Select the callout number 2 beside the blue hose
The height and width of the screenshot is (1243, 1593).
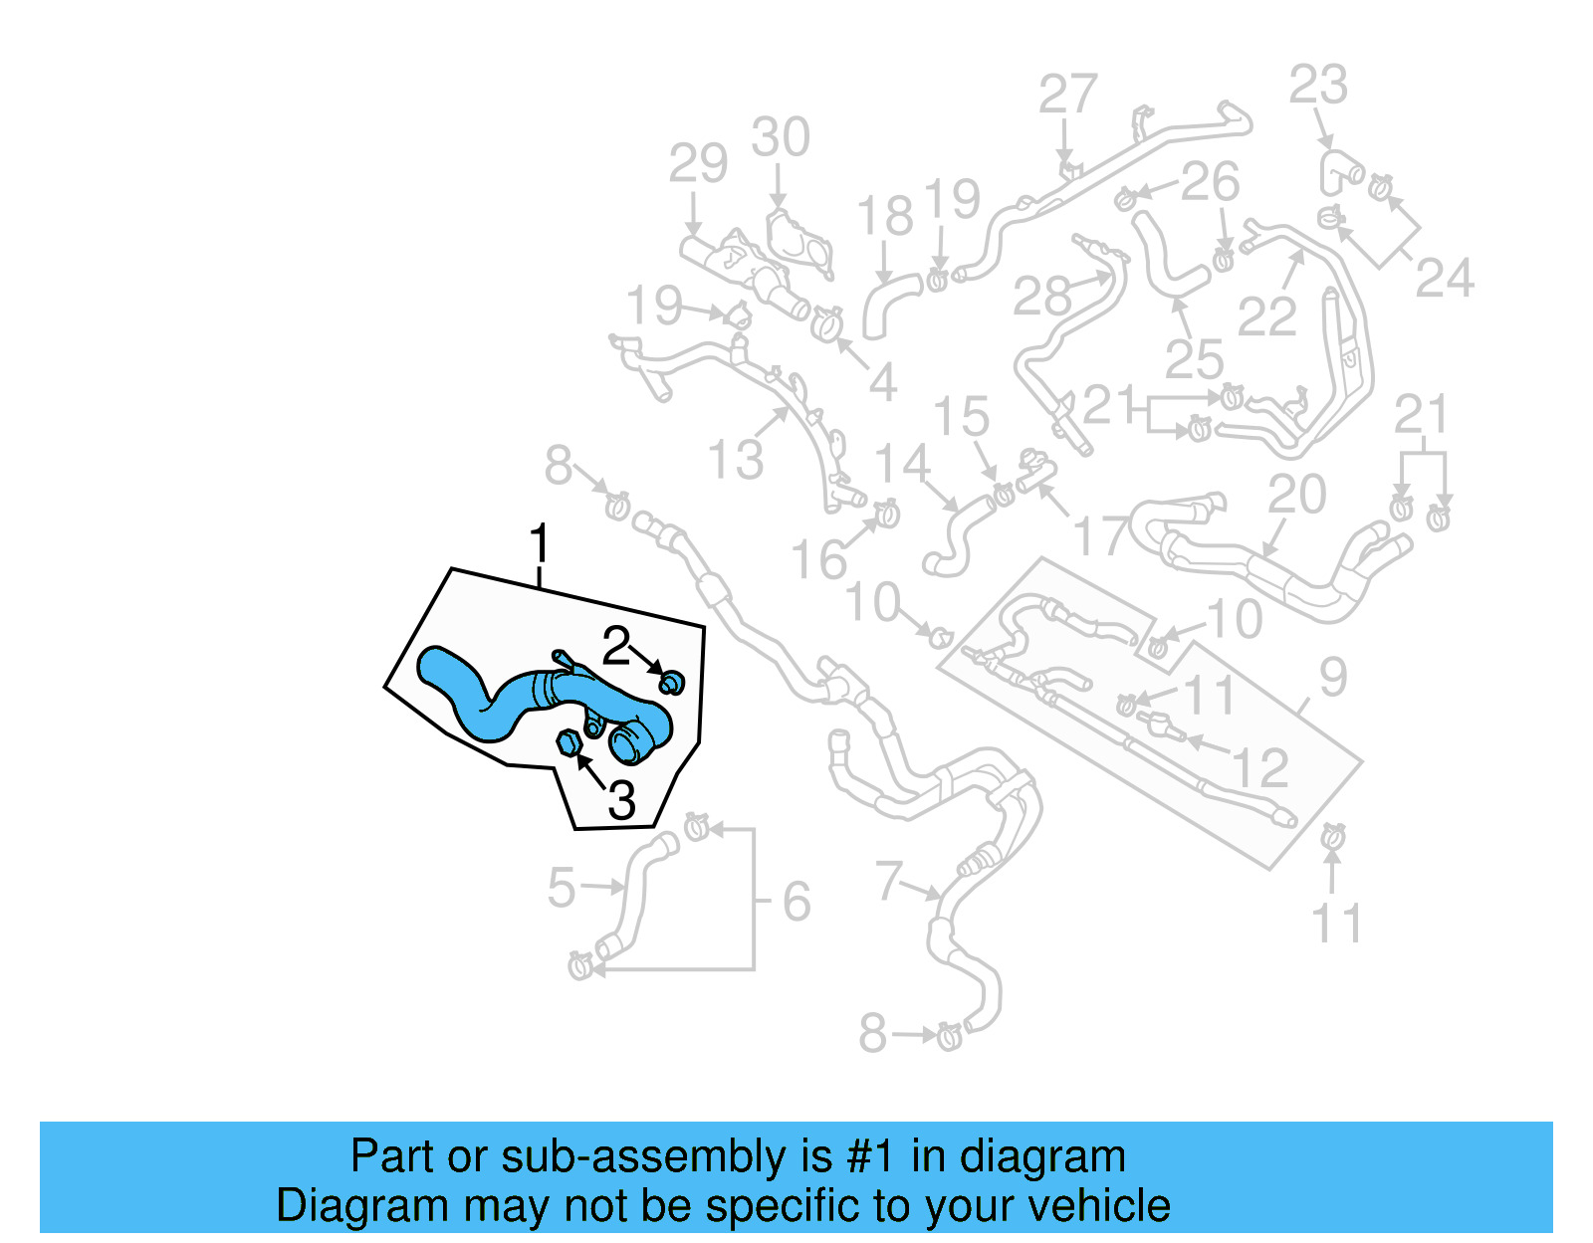pyautogui.click(x=616, y=647)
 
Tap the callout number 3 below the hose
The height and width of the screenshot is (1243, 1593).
pyautogui.click(x=621, y=799)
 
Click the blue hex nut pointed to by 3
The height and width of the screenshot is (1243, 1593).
pyautogui.click(x=569, y=742)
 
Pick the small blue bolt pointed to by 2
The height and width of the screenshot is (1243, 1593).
pyautogui.click(x=672, y=683)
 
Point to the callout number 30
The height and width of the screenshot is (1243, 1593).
pyautogui.click(x=781, y=137)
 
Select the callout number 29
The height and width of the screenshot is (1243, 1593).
pyautogui.click(x=698, y=163)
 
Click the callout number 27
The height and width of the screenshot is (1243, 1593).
pyautogui.click(x=1067, y=96)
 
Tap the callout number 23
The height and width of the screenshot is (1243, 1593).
pyautogui.click(x=1318, y=86)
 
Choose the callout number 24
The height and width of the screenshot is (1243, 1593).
pyautogui.click(x=1444, y=279)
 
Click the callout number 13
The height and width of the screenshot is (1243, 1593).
pyautogui.click(x=735, y=460)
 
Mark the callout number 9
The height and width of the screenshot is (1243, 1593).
pyautogui.click(x=1333, y=677)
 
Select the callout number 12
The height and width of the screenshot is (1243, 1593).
pyautogui.click(x=1260, y=768)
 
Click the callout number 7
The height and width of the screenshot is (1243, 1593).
pyautogui.click(x=888, y=881)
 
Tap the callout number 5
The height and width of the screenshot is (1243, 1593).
pyautogui.click(x=562, y=888)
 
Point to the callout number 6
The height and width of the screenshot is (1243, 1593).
pyautogui.click(x=796, y=902)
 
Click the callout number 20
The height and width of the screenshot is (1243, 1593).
pyautogui.click(x=1296, y=495)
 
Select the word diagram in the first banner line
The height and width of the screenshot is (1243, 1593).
pyautogui.click(x=1042, y=1157)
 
